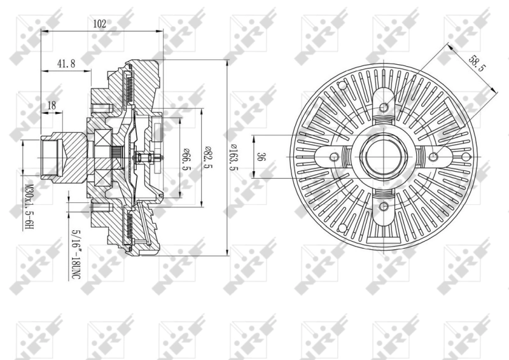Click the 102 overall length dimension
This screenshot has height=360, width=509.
(x=99, y=24)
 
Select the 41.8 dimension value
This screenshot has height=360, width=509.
(x=66, y=63)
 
